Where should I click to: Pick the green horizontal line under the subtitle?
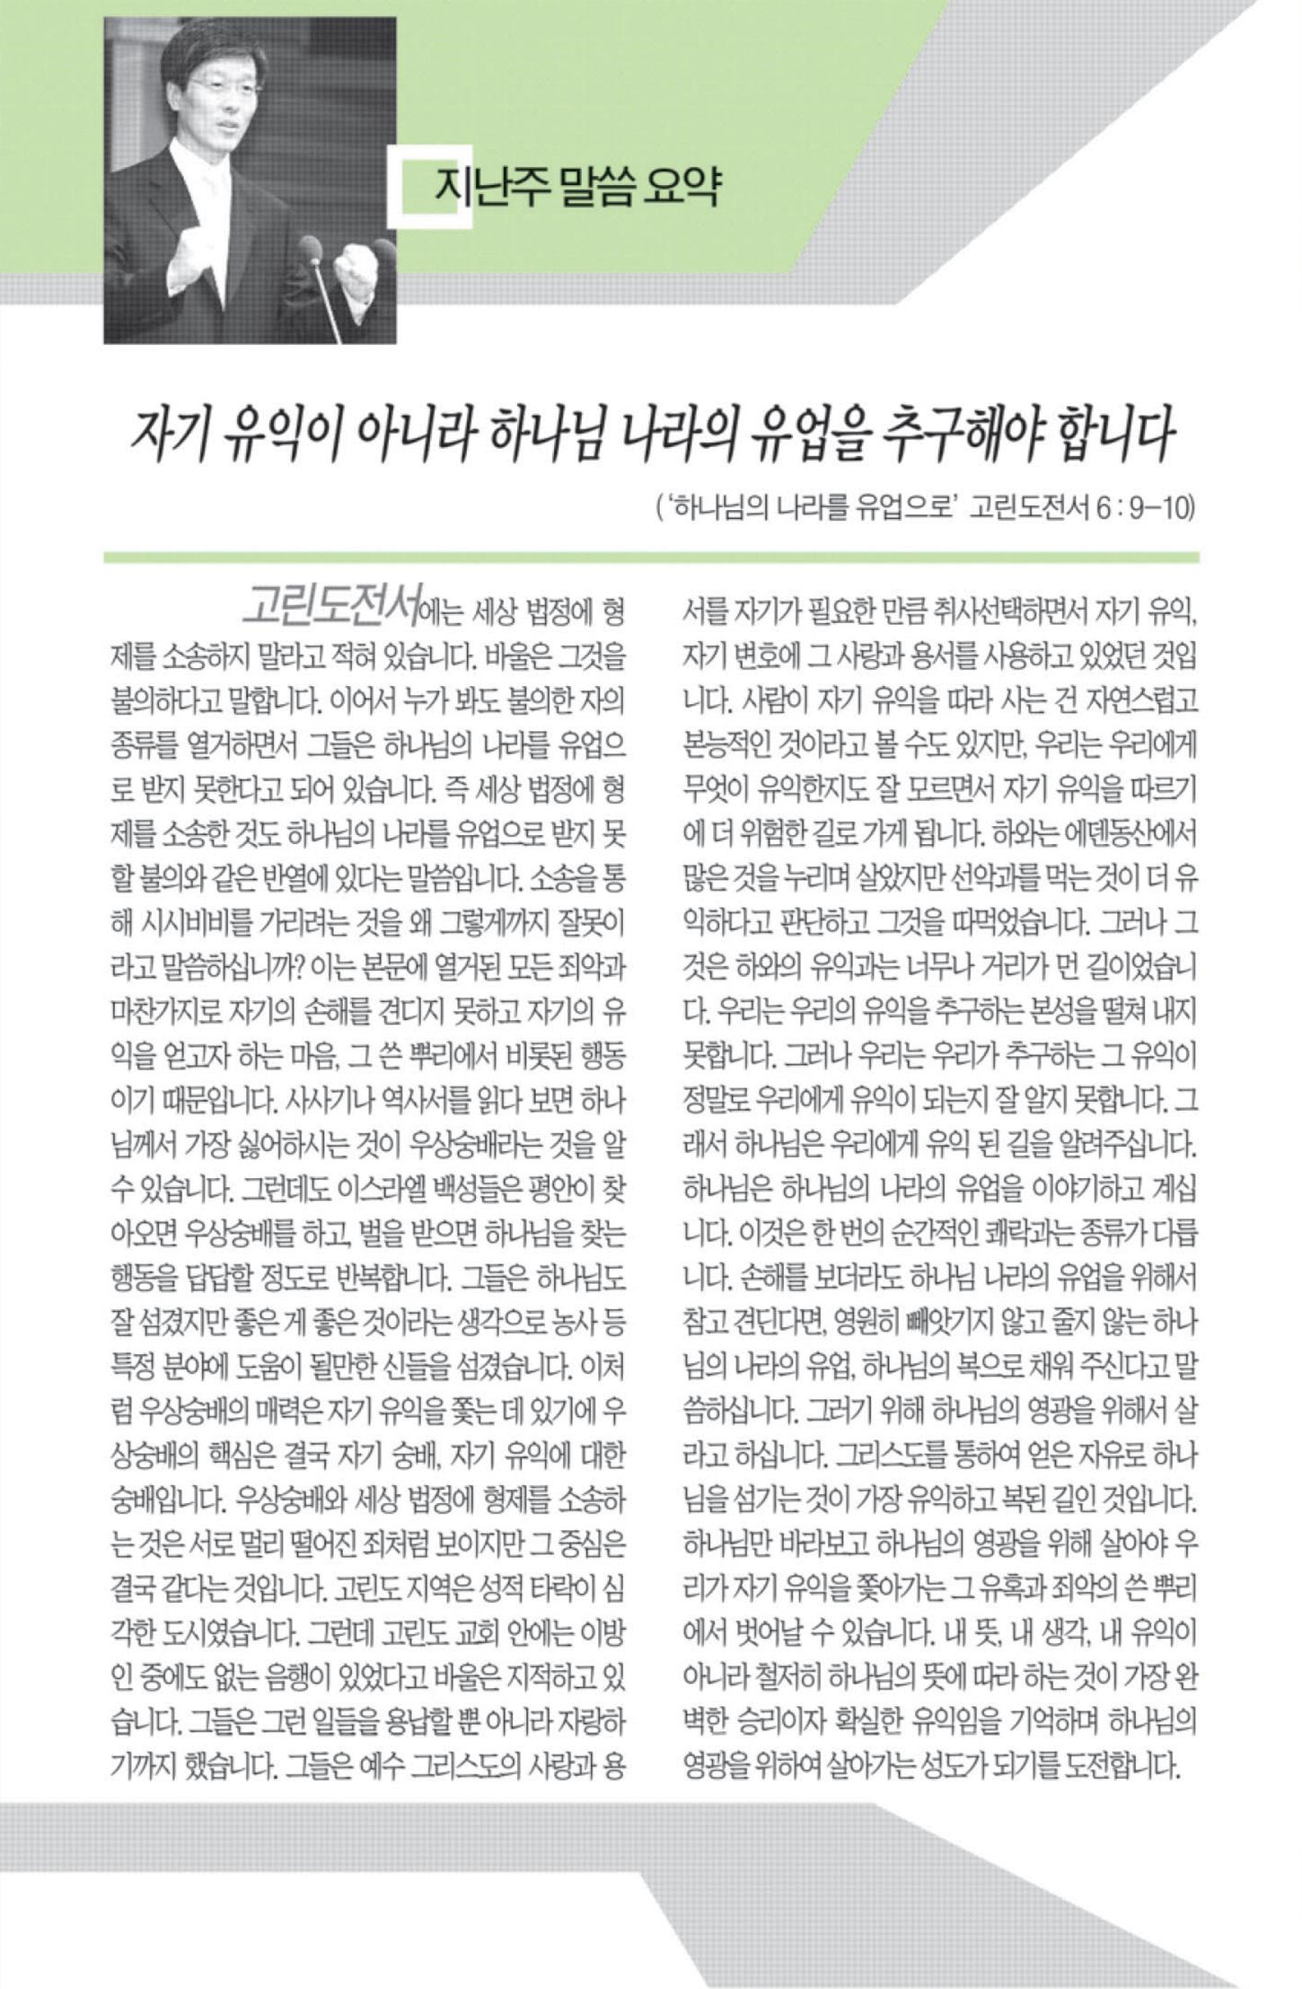tap(651, 557)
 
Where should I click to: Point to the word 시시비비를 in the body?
tap(197, 924)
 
